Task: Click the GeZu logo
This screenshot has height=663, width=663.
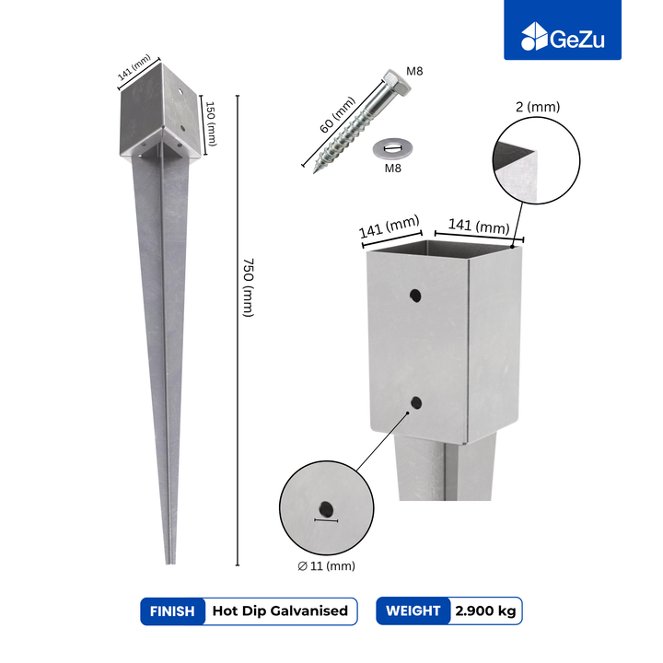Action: click(563, 37)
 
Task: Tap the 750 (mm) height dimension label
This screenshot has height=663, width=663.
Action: click(249, 287)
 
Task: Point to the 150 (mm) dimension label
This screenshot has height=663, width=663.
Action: click(211, 123)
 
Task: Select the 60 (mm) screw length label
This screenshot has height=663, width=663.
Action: click(337, 115)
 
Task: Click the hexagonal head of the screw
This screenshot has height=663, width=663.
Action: click(397, 82)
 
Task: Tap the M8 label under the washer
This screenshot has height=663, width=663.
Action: click(392, 169)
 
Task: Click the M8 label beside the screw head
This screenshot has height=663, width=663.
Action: click(414, 71)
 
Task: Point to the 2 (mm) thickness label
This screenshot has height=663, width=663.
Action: click(538, 107)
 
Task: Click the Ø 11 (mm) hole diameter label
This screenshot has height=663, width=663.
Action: click(326, 565)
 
